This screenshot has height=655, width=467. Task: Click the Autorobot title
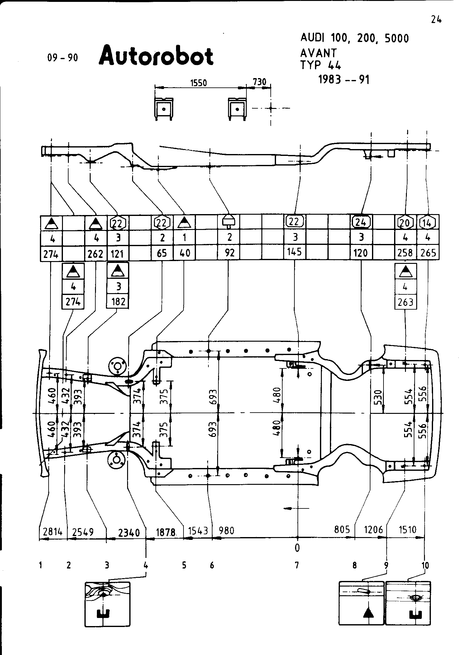(x=156, y=56)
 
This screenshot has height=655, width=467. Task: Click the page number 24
(x=436, y=20)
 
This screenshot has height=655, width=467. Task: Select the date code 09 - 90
(x=63, y=58)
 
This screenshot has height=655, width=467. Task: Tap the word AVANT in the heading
(x=318, y=53)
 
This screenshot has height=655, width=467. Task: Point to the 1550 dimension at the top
(x=198, y=83)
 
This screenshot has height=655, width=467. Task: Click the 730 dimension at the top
(x=260, y=82)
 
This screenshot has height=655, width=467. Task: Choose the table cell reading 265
(x=428, y=253)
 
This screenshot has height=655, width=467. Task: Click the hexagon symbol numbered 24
(x=361, y=222)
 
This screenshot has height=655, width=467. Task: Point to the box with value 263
(x=405, y=302)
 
